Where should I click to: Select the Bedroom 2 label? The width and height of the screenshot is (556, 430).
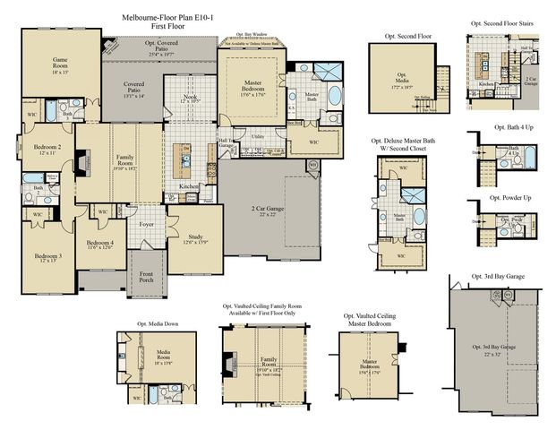coord(47,149)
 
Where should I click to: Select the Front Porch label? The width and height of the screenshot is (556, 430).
coord(146,278)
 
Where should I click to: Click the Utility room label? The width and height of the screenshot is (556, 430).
coord(257,136)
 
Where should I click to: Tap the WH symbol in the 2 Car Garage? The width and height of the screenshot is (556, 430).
coord(312,165)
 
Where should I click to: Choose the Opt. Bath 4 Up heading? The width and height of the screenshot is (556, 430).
coord(507,127)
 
